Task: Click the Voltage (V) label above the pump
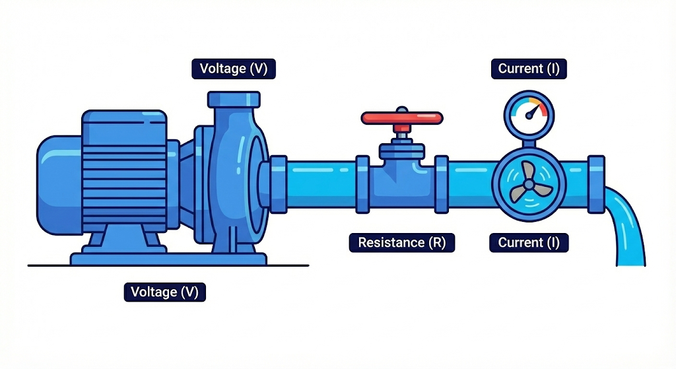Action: point(234,69)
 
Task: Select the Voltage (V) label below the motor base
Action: point(165,292)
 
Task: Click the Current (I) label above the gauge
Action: point(529,69)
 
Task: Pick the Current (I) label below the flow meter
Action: point(529,242)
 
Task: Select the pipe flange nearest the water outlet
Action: point(596,185)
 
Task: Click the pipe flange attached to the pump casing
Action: point(279,184)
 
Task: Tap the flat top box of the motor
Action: point(123,120)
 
